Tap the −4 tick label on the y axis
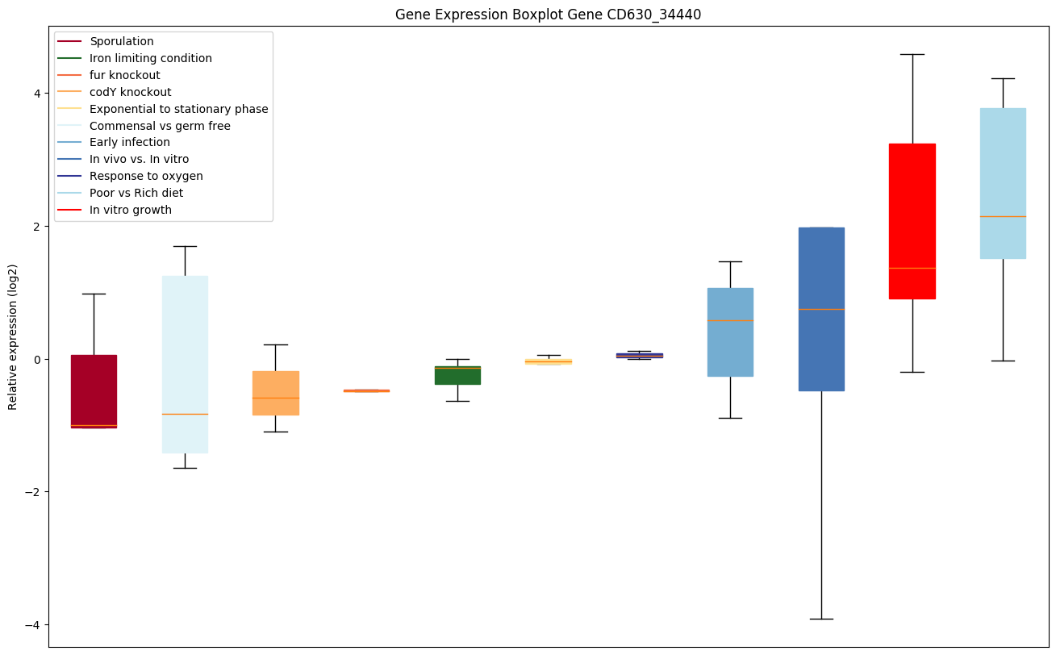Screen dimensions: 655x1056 pos(34,625)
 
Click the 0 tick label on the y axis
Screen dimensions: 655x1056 pos(37,359)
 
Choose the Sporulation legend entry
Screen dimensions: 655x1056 pos(122,41)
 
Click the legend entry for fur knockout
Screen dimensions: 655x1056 pos(125,75)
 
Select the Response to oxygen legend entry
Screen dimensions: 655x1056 pos(146,176)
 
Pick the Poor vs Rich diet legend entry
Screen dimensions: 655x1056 pos(136,193)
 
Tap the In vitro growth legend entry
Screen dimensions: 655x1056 pos(131,210)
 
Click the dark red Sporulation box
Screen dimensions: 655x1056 pos(94,391)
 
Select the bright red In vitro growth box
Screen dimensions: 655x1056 pos(912,221)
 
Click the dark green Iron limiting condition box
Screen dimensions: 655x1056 pos(457,376)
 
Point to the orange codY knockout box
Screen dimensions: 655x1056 pos(276,393)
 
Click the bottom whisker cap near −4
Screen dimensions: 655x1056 pos(821,619)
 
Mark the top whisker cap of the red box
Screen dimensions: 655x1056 pos(912,54)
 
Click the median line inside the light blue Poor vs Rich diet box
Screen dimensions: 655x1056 pos(1003,216)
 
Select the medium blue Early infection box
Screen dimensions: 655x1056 pos(730,332)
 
